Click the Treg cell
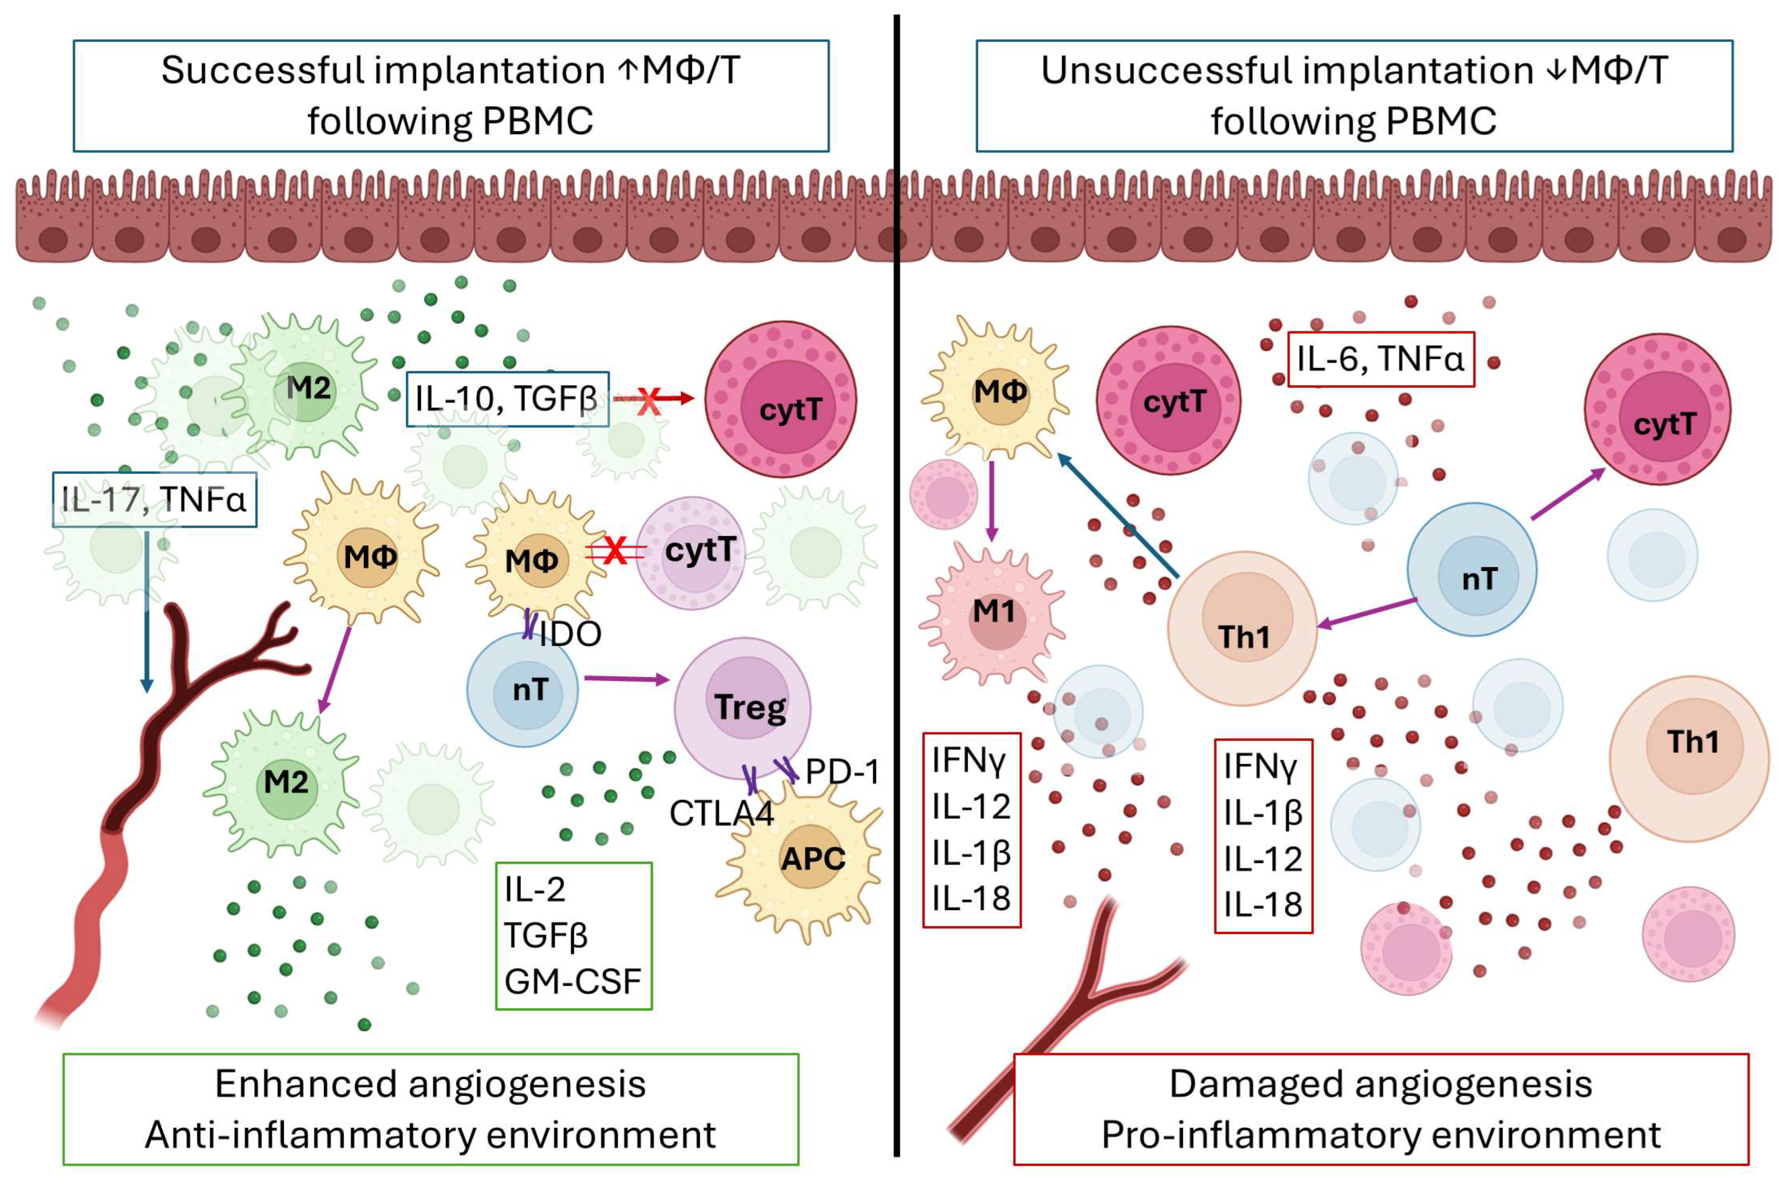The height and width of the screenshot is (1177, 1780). point(742,707)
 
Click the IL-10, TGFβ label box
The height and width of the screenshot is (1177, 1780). point(507,399)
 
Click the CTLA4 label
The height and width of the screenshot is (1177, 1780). point(721,814)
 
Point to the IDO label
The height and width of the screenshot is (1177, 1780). point(570,634)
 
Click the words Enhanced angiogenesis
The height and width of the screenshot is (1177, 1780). point(430,1084)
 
